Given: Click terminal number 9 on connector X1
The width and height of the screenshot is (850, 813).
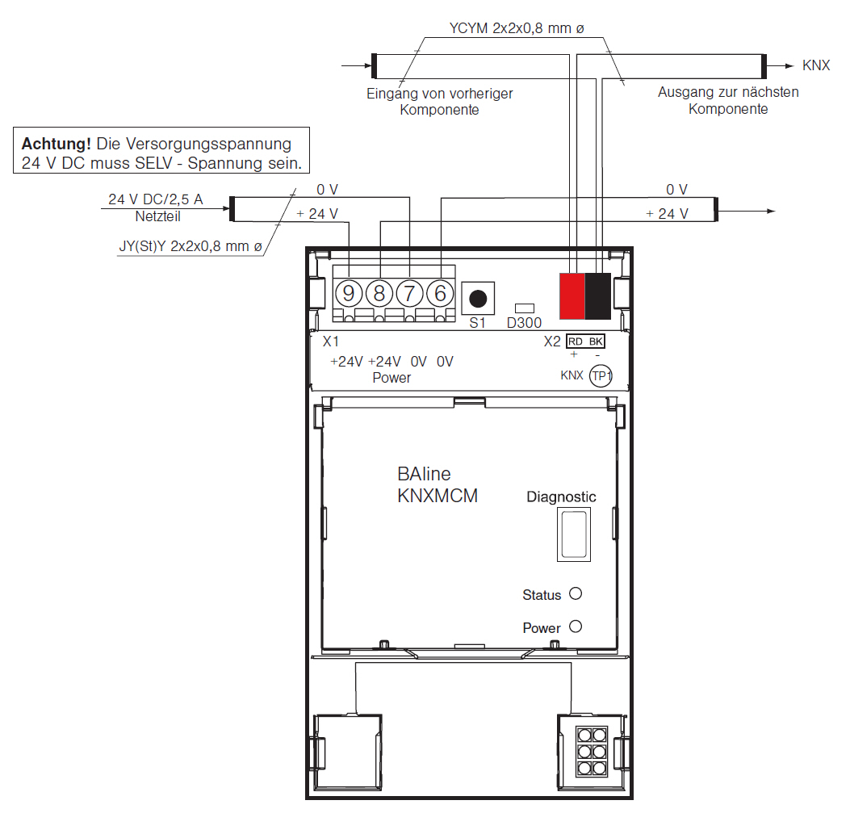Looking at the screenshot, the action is [349, 293].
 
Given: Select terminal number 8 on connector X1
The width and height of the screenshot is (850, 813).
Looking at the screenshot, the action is [379, 293].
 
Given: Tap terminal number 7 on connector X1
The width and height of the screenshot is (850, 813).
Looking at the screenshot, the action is [409, 293].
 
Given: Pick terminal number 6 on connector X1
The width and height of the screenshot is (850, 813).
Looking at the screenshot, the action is [440, 293].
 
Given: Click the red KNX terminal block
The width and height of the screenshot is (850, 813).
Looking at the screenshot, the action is [572, 296].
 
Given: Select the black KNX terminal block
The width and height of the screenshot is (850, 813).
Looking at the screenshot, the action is [598, 296].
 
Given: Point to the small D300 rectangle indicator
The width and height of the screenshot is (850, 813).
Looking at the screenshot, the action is [524, 308].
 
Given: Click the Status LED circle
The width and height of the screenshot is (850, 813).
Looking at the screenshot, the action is [576, 593].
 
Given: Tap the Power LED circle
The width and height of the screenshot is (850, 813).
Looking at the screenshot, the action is [576, 627].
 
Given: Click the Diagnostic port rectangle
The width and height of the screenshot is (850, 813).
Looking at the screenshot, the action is [574, 534].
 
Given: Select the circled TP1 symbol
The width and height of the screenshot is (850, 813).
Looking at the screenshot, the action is [601, 375].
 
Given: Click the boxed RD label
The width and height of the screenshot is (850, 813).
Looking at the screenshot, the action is [576, 342].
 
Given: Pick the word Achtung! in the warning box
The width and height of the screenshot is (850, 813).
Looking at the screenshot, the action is [56, 145].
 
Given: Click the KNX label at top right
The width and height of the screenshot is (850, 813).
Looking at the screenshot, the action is [816, 65].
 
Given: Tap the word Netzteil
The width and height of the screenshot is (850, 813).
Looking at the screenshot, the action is [157, 216].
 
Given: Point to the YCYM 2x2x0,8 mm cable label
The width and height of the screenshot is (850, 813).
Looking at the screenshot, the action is [517, 28].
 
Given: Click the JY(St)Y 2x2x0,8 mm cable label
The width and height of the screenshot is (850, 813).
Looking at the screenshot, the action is [191, 246].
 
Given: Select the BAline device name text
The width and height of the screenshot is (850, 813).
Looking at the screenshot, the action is [424, 474].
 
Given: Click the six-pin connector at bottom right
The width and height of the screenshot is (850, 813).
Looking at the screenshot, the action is [592, 752].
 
